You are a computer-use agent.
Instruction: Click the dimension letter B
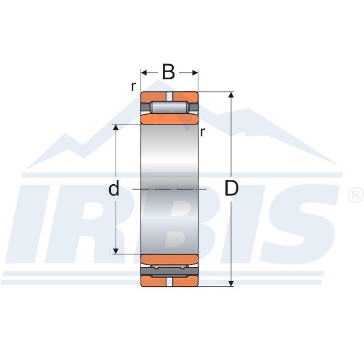[x=168, y=72]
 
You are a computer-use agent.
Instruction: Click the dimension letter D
[x=231, y=188]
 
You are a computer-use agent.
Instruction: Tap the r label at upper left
[x=133, y=86]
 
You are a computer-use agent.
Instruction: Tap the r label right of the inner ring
[x=203, y=132]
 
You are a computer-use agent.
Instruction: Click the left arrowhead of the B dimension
[x=144, y=73]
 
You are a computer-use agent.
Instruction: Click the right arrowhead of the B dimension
[x=195, y=73]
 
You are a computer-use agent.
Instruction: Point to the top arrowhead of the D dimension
[x=231, y=95]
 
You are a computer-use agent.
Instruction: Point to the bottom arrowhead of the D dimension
[x=231, y=283]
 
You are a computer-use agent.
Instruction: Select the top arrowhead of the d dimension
[x=116, y=127]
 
